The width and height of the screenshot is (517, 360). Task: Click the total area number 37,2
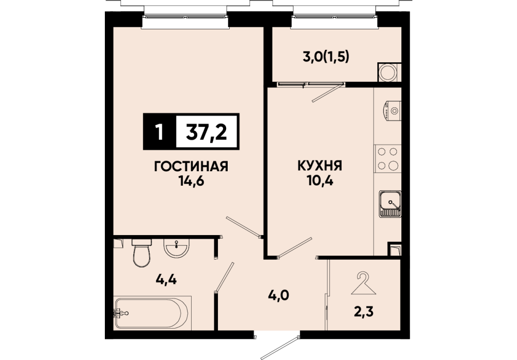[207, 132]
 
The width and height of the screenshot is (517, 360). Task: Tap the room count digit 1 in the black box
[160, 132]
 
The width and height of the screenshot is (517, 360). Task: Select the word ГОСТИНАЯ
[191, 167]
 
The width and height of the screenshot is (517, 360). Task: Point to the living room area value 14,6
[191, 181]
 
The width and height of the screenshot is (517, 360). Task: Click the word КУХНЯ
[320, 166]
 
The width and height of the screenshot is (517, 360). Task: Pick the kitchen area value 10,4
[320, 181]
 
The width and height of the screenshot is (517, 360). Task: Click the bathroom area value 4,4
[166, 280]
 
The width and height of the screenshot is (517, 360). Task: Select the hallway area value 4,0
[278, 295]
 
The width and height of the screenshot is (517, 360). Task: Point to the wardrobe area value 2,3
[363, 312]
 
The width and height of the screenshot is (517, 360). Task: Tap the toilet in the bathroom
[142, 253]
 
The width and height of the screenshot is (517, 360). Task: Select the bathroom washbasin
[177, 248]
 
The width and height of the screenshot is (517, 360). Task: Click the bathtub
[152, 313]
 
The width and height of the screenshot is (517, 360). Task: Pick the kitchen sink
[390, 204]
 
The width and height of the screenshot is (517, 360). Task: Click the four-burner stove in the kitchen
[387, 159]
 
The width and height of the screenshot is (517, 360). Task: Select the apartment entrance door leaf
[280, 347]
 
